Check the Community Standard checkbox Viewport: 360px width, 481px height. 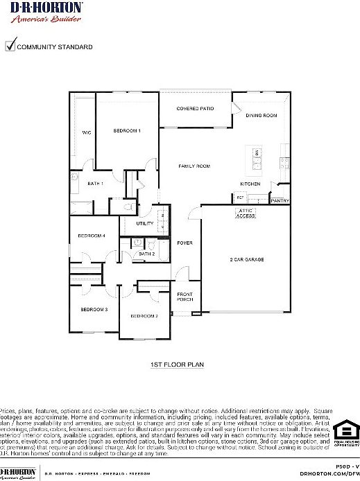point(10,46)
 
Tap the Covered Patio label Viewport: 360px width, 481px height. point(195,109)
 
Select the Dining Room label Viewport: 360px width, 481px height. point(262,115)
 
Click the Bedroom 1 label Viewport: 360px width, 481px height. point(128,130)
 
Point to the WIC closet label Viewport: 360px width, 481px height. point(87,132)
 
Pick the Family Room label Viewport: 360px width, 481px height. point(194,166)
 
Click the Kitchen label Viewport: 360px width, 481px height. point(250,184)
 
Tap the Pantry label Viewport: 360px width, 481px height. point(280,201)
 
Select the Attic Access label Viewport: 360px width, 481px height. point(246,213)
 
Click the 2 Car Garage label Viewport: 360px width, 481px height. point(247,259)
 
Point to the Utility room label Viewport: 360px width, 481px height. point(144,224)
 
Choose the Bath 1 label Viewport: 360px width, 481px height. point(96,184)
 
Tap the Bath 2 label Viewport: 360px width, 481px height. point(146,254)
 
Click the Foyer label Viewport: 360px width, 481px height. point(185,243)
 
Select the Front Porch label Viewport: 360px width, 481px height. point(185,297)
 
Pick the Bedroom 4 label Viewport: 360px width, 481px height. point(91,236)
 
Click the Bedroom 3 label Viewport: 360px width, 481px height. point(94,309)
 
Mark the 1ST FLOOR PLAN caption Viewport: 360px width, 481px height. point(177,364)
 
